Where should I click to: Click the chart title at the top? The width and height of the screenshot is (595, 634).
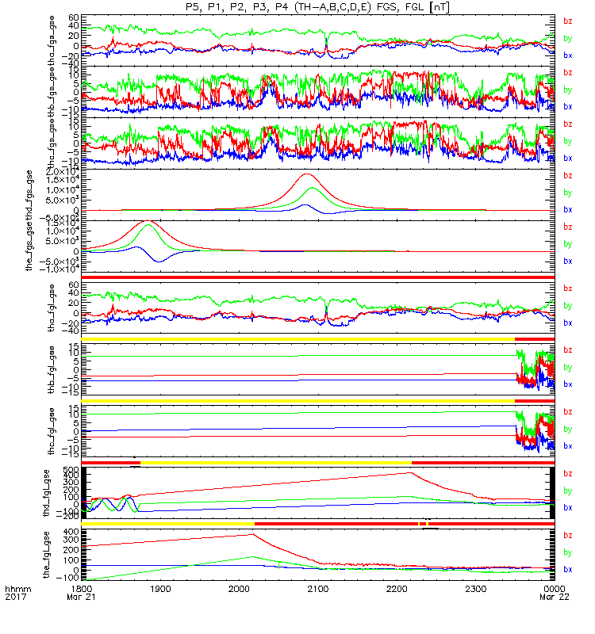(318, 6)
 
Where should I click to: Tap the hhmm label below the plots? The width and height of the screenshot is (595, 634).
(17, 590)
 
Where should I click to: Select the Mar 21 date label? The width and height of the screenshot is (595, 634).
(81, 599)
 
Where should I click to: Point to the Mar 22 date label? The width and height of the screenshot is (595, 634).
(553, 599)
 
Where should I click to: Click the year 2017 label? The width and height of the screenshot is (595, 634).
(17, 599)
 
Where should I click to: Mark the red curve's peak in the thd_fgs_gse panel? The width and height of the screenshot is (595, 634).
(307, 174)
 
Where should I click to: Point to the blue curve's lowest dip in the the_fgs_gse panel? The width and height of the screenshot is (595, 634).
(158, 261)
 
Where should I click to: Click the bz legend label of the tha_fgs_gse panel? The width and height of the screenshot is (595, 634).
(567, 21)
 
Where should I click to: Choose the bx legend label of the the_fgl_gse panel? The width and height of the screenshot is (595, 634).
(567, 570)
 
